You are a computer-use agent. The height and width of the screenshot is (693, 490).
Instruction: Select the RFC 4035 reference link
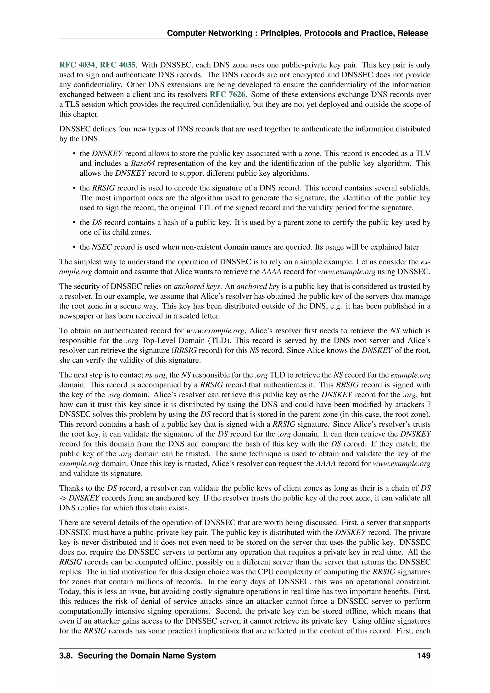118,65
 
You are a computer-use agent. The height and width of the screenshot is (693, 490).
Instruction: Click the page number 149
424,656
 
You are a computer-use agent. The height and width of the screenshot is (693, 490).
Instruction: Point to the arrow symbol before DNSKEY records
63,498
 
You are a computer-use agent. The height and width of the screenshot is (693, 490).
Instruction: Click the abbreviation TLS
73,104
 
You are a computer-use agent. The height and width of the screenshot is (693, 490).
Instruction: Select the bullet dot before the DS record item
74,223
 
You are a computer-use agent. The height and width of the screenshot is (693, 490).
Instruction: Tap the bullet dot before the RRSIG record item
74,188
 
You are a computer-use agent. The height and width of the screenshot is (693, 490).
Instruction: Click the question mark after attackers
429,405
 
